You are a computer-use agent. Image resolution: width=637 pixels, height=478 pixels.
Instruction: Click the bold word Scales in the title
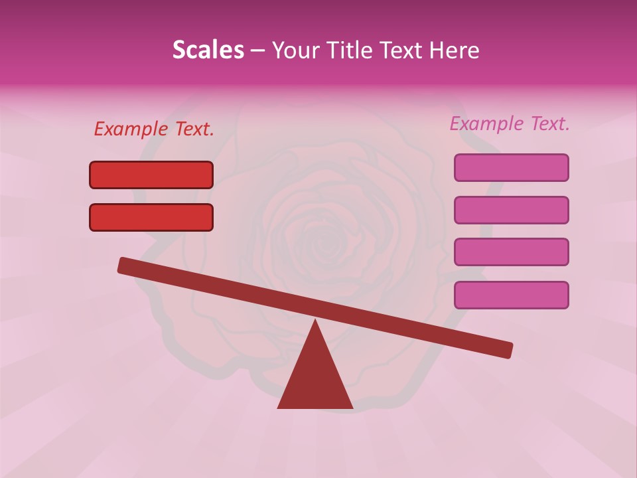(208, 50)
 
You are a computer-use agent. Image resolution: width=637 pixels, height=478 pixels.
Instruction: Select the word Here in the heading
(455, 50)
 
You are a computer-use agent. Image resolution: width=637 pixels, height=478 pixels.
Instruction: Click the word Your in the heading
(295, 50)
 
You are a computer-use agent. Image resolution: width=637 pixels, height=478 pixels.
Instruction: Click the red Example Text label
(154, 129)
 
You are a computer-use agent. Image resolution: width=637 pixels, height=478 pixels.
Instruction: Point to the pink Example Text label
(510, 123)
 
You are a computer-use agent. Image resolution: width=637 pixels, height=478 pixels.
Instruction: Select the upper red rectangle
(151, 175)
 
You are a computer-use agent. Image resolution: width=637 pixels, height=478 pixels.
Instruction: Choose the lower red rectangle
(151, 217)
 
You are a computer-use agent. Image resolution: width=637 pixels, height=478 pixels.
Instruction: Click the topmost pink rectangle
(511, 167)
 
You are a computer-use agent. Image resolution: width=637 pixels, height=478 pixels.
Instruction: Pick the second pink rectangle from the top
(511, 210)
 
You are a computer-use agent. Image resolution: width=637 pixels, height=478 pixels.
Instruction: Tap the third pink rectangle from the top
(511, 252)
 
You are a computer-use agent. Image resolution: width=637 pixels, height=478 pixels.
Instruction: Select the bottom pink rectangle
(511, 295)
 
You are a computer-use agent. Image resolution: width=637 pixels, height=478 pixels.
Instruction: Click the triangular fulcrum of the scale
(315, 378)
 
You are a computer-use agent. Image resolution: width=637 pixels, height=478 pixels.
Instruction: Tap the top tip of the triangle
(315, 322)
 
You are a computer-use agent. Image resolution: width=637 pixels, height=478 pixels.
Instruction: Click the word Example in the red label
(131, 129)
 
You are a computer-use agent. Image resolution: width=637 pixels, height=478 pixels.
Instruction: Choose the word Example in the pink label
(486, 123)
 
